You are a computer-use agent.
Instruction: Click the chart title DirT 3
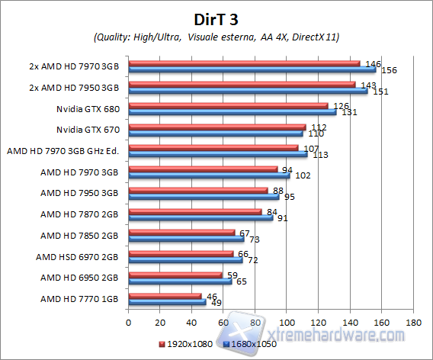pos(216,18)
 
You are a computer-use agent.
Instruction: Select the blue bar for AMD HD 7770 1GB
pos(167,303)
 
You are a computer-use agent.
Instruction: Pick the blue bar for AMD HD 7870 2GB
pos(200,217)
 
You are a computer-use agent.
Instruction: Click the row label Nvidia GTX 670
pos(88,130)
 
